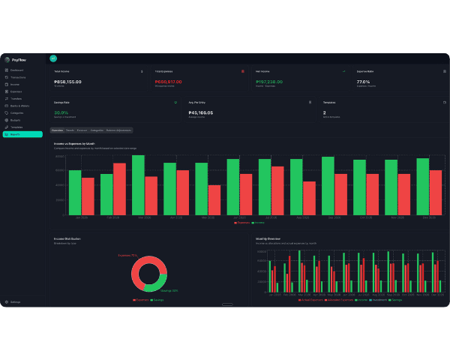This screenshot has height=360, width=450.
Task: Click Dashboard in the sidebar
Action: [x=17, y=70]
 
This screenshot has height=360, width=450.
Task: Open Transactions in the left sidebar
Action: [x=19, y=77]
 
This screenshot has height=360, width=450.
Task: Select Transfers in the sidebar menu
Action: [x=16, y=98]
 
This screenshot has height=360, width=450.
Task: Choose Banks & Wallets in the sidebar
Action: [x=20, y=106]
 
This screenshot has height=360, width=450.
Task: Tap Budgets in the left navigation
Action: [x=16, y=120]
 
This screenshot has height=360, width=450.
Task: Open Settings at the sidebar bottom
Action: [x=16, y=302]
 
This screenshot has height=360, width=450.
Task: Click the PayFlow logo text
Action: [x=17, y=59]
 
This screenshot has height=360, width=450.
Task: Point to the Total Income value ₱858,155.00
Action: [x=68, y=82]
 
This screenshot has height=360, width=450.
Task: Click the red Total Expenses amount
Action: [x=168, y=82]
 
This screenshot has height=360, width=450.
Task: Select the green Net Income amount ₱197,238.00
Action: [x=269, y=82]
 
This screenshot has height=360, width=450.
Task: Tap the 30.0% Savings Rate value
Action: [x=61, y=112]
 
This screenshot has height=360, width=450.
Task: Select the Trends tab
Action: [x=70, y=130]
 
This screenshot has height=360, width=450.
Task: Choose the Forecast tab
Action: [x=82, y=130]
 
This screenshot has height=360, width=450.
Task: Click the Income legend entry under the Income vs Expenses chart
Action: [x=259, y=223]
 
